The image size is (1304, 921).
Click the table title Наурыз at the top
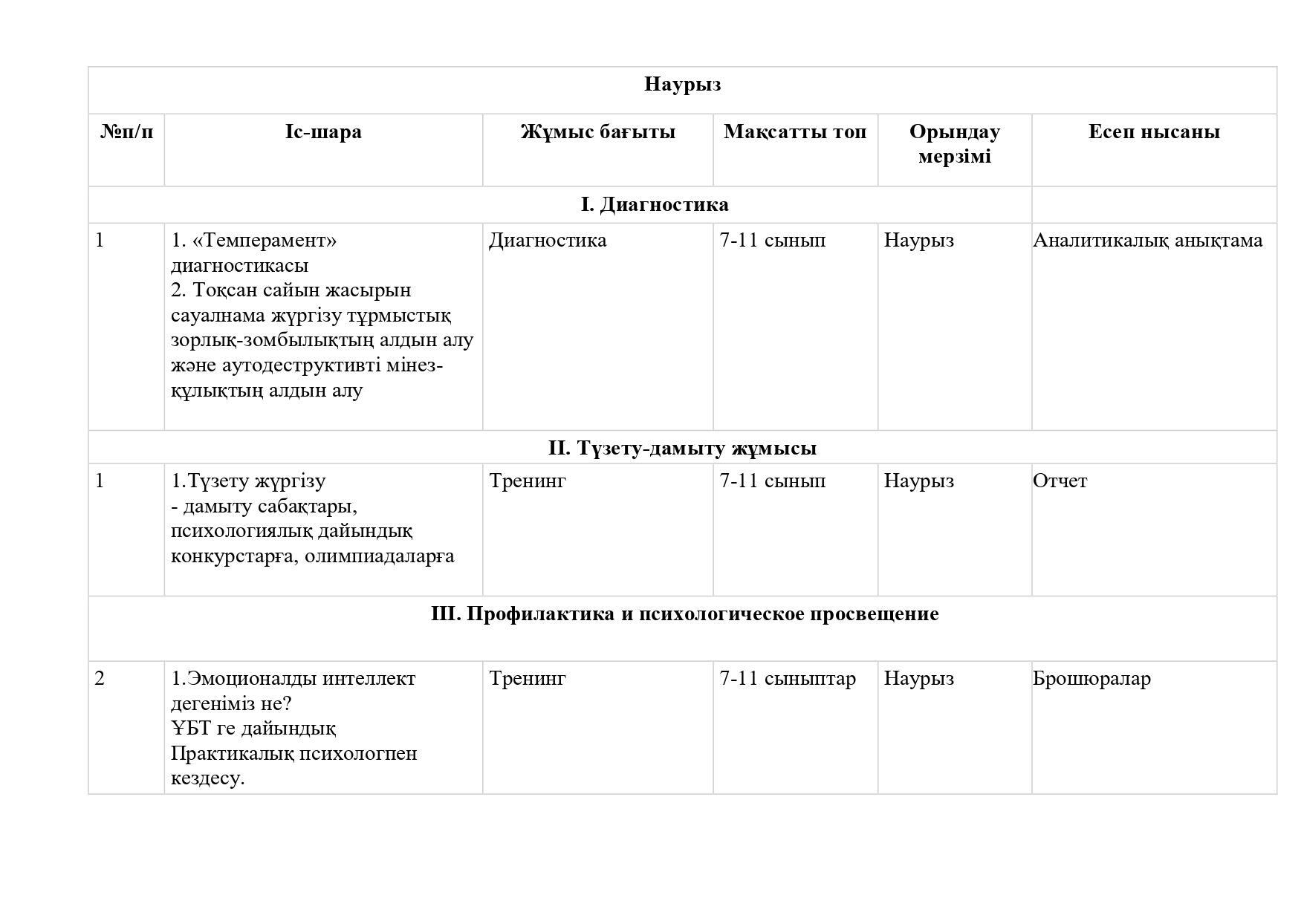(x=682, y=85)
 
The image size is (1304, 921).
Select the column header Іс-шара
(x=323, y=132)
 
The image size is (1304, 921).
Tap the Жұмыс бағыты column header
(x=597, y=132)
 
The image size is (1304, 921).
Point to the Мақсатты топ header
(x=794, y=132)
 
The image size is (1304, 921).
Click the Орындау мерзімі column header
(x=954, y=144)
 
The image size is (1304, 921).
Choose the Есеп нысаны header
(x=1153, y=132)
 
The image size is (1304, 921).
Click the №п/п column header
(x=126, y=132)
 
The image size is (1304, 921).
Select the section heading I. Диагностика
(x=655, y=204)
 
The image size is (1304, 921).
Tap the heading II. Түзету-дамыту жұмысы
(x=682, y=449)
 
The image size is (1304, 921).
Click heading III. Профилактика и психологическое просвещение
(x=684, y=614)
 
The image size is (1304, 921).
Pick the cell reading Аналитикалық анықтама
(x=1147, y=241)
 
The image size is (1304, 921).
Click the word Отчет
(x=1060, y=481)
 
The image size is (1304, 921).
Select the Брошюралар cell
(x=1091, y=679)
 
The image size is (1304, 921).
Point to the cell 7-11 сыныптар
(x=787, y=679)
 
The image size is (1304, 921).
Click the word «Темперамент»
(x=265, y=241)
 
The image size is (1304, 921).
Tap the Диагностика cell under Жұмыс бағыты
(x=548, y=241)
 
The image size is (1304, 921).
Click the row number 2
(x=100, y=679)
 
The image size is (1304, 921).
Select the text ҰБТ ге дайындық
(x=253, y=729)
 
